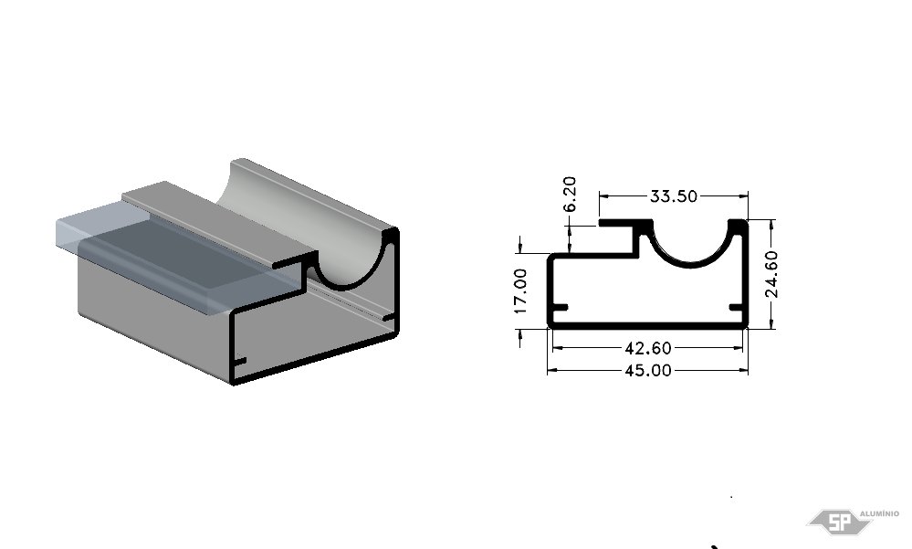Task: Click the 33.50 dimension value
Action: click(673, 196)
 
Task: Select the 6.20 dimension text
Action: click(570, 194)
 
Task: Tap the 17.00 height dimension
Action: click(520, 290)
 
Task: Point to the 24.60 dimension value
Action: click(771, 274)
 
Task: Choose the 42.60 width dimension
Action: click(648, 348)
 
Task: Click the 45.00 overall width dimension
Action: click(648, 370)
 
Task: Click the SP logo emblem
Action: click(838, 522)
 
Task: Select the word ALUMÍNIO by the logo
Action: click(879, 513)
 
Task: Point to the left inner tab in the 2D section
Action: click(560, 308)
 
